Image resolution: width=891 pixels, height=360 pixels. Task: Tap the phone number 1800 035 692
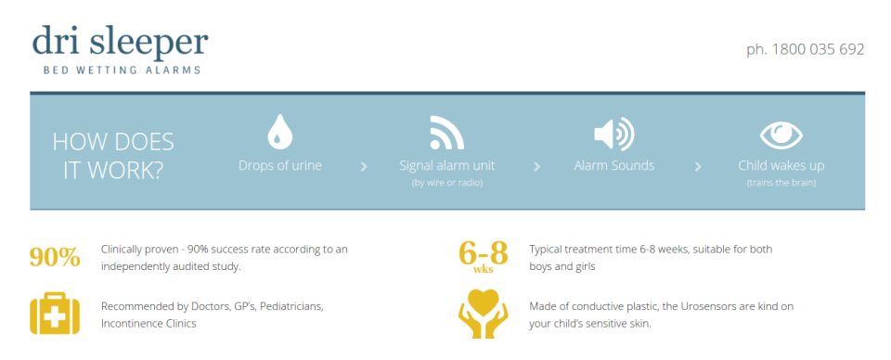click(x=805, y=48)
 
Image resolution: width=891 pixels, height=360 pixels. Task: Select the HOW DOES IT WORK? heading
click(x=113, y=155)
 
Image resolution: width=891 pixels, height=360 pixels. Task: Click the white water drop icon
click(x=279, y=131)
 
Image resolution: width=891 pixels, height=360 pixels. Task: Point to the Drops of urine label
click(x=279, y=166)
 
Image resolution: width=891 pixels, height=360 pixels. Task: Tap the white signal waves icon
click(x=446, y=132)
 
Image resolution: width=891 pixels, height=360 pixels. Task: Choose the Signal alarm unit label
click(x=446, y=166)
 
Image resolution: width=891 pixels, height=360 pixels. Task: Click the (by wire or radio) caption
click(x=446, y=183)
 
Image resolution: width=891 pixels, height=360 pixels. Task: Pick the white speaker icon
click(x=613, y=134)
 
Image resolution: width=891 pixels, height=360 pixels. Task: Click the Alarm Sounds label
click(x=613, y=166)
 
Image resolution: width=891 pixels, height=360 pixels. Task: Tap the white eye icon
click(x=781, y=135)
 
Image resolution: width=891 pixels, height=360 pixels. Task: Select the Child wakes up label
click(x=781, y=166)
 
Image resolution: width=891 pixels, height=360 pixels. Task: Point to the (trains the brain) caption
click(x=781, y=183)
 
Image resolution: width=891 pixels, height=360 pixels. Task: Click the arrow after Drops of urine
click(x=364, y=167)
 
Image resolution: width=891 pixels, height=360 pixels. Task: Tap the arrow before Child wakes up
click(x=697, y=167)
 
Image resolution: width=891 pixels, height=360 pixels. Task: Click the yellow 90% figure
click(x=55, y=257)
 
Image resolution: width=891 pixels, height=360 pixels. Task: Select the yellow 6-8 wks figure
click(x=483, y=255)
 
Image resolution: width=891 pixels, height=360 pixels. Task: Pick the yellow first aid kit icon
click(x=55, y=313)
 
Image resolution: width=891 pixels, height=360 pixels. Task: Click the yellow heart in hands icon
click(x=483, y=314)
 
